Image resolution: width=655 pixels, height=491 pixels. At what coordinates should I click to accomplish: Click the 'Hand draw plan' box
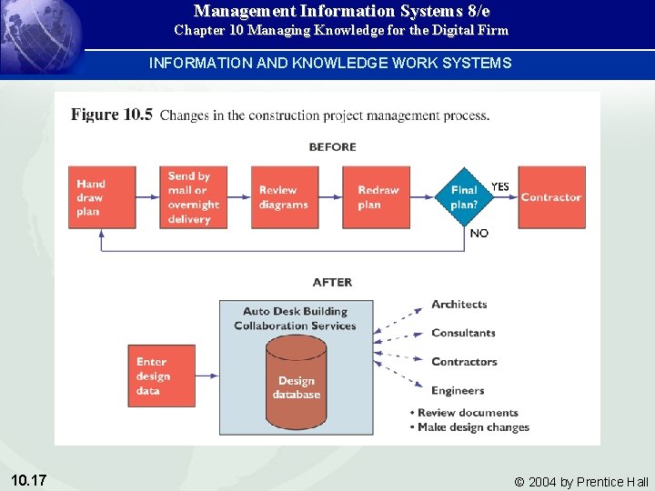pos(101,197)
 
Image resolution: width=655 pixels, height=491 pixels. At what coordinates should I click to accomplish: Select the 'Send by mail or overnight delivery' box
pos(194,197)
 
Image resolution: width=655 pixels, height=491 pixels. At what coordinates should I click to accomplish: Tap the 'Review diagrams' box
pos(284,197)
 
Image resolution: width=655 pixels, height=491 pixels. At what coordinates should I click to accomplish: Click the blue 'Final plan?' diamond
pos(464,197)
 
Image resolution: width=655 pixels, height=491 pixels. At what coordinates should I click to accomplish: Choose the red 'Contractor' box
pos(550,197)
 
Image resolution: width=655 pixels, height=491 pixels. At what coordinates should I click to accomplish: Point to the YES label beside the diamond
pos(500,187)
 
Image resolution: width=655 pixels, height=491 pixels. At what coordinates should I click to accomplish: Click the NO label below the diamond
pos(479,234)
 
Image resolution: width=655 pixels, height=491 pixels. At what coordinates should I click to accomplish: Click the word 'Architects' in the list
pos(459,305)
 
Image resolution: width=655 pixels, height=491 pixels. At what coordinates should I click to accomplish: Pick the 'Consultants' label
pos(463,333)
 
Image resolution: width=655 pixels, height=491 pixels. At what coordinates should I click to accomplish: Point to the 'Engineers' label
pos(458,391)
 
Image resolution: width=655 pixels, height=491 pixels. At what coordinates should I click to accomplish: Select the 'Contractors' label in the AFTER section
pos(464,362)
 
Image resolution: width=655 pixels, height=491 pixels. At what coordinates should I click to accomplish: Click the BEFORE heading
pos(332,147)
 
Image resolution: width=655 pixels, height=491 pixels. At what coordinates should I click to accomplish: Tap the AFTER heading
pos(332,283)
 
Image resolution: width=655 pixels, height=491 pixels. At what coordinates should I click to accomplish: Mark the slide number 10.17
pos(30,479)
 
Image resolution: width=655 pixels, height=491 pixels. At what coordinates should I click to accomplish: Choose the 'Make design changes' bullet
pos(472,427)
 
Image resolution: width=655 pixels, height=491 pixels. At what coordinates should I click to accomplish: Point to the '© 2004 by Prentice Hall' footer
pos(581,482)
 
